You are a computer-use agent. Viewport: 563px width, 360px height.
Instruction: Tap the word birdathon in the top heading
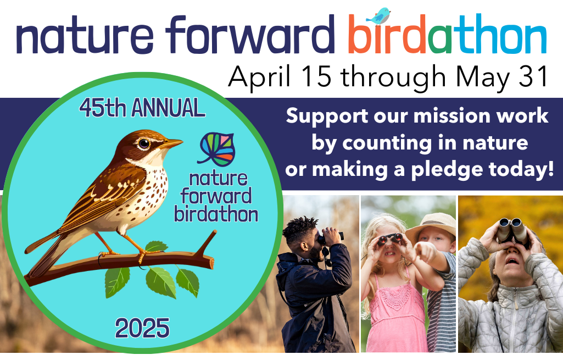coord(447,34)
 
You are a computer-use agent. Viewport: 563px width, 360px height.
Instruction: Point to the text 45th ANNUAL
coord(142,108)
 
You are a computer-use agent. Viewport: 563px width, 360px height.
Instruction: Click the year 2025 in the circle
coord(142,328)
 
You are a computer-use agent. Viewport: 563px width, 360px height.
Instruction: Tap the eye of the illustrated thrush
coord(144,143)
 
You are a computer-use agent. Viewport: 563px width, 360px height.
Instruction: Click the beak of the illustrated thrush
coord(171,143)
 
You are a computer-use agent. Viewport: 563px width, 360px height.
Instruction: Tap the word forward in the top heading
coord(249,35)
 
